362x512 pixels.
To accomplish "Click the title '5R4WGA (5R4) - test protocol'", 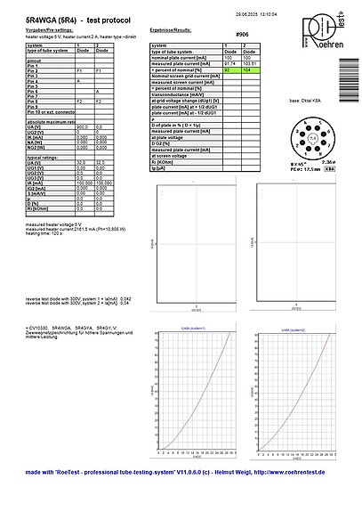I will pyautogui.click(x=68, y=18).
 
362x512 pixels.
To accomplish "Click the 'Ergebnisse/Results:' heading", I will pyautogui.click(x=173, y=30).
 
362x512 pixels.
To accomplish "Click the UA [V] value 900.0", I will pyautogui.click(x=84, y=128).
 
